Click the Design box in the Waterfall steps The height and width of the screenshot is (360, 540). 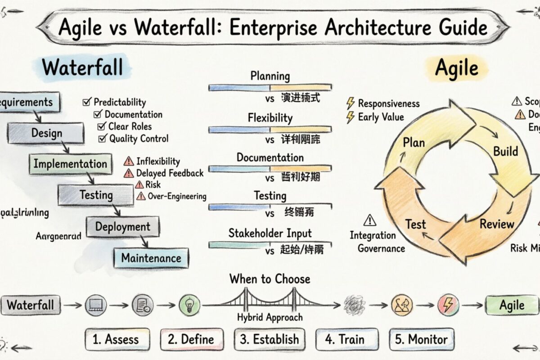click(46, 133)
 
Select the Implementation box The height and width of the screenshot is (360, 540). click(70, 164)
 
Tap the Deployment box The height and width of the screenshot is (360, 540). click(122, 227)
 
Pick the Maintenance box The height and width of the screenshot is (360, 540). click(151, 258)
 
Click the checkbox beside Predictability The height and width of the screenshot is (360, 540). click(87, 102)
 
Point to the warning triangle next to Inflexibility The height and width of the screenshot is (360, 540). click(129, 161)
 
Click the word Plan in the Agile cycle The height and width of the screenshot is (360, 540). click(414, 143)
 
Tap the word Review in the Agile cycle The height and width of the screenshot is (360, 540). click(497, 224)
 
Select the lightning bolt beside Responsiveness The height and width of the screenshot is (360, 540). click(350, 103)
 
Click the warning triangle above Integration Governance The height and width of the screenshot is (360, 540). click(369, 220)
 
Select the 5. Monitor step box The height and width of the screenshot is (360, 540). click(422, 339)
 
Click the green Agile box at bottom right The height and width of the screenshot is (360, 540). click(512, 306)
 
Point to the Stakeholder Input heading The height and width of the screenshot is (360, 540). click(270, 233)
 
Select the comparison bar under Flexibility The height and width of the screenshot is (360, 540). click(270, 130)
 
